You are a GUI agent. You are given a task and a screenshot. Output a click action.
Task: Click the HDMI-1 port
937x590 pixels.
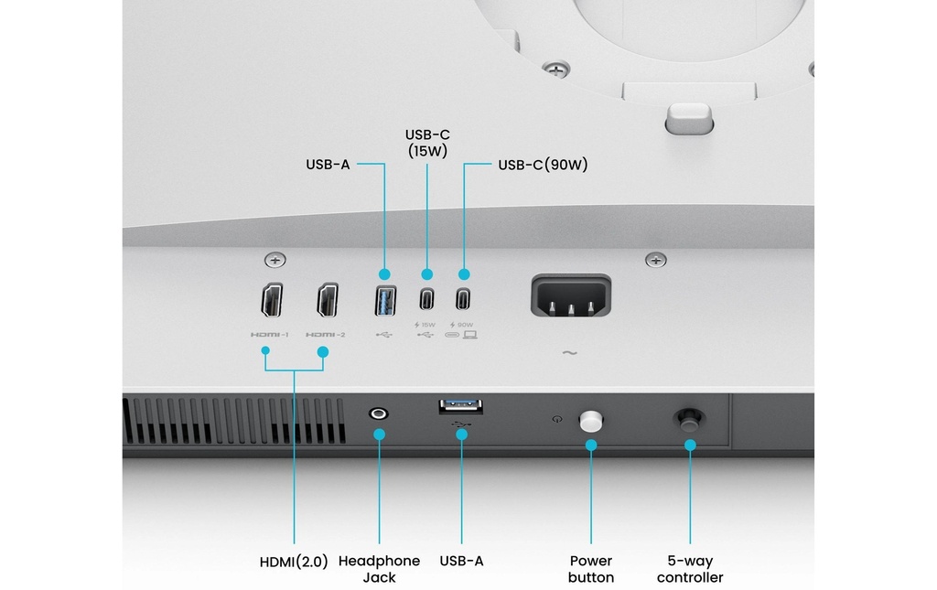[x=272, y=300]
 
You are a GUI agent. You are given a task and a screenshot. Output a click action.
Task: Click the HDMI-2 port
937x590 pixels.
[x=327, y=300]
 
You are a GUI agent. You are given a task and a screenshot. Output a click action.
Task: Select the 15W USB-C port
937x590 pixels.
[x=426, y=300]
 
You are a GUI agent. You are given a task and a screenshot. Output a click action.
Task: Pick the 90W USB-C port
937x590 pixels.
[x=463, y=300]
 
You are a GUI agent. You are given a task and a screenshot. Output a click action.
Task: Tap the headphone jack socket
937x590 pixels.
[x=378, y=413]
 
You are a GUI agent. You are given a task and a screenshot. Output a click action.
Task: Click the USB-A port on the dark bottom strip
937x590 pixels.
[x=461, y=405]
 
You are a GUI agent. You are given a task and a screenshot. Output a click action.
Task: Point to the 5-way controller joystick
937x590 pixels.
[x=689, y=420]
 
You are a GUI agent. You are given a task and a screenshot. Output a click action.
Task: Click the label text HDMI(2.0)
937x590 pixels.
[x=294, y=561]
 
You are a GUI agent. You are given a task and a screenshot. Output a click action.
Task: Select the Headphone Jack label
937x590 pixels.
[x=379, y=569]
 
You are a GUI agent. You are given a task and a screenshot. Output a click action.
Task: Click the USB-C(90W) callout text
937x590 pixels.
[x=543, y=166]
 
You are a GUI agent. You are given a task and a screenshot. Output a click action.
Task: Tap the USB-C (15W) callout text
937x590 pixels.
[x=426, y=143]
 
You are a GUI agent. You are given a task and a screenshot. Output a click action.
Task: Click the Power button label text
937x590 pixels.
[x=591, y=569]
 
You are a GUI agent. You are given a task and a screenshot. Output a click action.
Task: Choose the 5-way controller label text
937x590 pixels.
[x=690, y=569]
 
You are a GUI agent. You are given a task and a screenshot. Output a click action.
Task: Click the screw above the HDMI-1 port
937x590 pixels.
[x=273, y=261]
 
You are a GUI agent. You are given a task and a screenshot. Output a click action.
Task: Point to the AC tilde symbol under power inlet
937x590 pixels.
[x=569, y=353]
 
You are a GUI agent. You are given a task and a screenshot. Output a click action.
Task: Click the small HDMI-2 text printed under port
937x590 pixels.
[x=326, y=335]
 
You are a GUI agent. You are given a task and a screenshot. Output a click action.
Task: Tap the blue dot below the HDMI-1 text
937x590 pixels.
[x=265, y=350]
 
